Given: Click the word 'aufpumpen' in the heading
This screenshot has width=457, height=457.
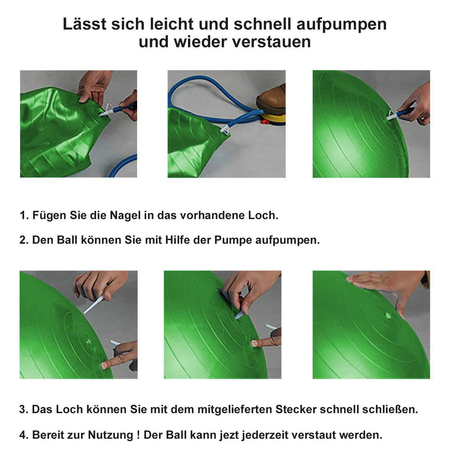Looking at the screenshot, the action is pyautogui.click(x=341, y=25).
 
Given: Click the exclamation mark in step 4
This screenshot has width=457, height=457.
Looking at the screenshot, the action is pyautogui.click(x=138, y=435).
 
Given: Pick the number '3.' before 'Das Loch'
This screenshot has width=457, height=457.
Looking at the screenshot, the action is pyautogui.click(x=24, y=410).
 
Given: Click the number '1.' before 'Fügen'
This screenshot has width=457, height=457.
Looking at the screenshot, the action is pyautogui.click(x=24, y=215).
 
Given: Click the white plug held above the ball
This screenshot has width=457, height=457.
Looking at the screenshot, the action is pyautogui.click(x=94, y=304).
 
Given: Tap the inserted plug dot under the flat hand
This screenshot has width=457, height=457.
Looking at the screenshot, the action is pyautogui.click(x=388, y=315).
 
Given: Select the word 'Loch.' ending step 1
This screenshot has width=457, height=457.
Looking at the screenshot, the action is pyautogui.click(x=263, y=215).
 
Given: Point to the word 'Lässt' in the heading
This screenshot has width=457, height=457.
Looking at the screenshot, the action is pyautogui.click(x=85, y=24).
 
